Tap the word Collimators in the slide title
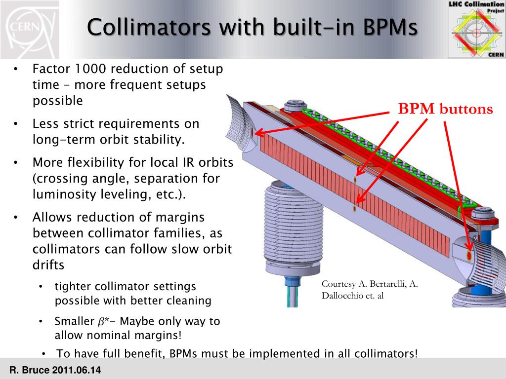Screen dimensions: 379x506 point(149,27)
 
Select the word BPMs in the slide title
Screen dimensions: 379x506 point(390,27)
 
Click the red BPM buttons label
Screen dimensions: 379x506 point(446,109)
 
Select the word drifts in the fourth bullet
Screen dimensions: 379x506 point(48,265)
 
